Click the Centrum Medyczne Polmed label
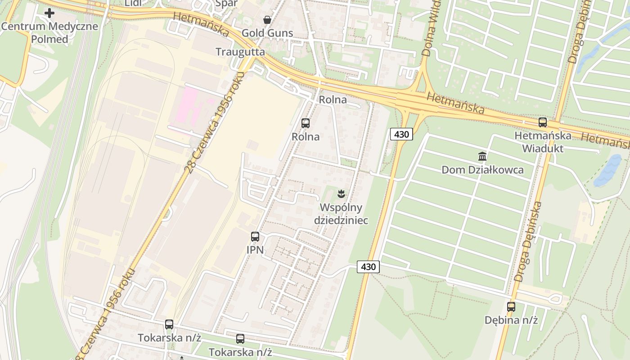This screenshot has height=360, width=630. [x=49, y=32]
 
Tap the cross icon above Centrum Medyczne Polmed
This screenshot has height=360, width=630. [x=49, y=13]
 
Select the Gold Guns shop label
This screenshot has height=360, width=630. [x=267, y=33]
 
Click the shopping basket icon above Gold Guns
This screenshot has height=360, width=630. [x=267, y=20]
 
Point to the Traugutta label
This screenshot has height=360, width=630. [x=240, y=52]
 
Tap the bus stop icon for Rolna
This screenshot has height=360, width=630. [x=306, y=123]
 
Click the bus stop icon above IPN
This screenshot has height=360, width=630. [x=255, y=236]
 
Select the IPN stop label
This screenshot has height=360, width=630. [x=255, y=249]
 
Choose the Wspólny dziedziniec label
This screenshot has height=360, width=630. [x=341, y=214]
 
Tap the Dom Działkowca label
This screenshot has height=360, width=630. [x=482, y=170]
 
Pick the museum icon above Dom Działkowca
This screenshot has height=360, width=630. [x=482, y=157]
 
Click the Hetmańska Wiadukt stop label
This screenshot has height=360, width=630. [x=543, y=141]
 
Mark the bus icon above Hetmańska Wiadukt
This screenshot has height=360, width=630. [x=543, y=122]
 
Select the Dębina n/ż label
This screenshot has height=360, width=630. [x=511, y=320]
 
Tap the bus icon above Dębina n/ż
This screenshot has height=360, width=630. [x=511, y=307]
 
